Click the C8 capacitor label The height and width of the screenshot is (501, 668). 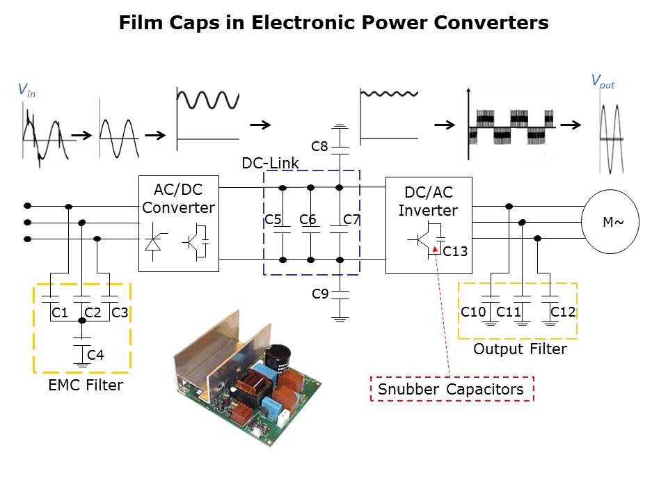(319, 146)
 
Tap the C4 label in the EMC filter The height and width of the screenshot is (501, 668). (95, 356)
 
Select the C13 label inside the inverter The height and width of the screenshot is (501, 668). (455, 251)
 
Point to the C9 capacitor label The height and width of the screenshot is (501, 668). (319, 294)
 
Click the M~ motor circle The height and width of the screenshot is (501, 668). (610, 223)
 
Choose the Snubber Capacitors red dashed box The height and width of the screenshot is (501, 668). (451, 389)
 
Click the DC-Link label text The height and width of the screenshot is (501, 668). (270, 164)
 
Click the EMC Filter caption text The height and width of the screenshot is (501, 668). (86, 385)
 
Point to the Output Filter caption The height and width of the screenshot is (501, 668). (520, 349)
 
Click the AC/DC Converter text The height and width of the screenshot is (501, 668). (179, 198)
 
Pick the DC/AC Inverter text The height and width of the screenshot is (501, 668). (428, 201)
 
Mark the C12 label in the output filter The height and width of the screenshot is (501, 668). (563, 312)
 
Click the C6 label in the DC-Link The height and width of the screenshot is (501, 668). (308, 220)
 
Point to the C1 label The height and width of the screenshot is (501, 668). (60, 313)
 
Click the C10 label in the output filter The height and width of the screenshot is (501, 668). (473, 312)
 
